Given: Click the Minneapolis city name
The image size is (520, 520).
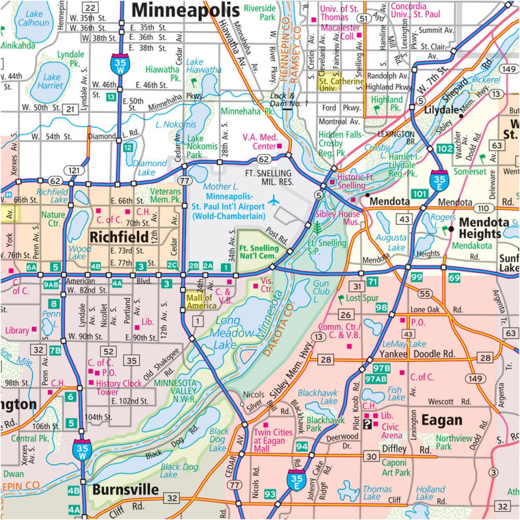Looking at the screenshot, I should point(185,9).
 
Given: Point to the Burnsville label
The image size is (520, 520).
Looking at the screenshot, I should point(125,489).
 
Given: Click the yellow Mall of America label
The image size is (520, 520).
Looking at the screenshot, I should point(201,302).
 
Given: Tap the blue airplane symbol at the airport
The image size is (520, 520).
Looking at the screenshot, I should point(274,200).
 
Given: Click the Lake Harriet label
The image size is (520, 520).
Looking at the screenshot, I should point(52,81).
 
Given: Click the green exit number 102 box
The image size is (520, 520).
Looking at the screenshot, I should point(445,149).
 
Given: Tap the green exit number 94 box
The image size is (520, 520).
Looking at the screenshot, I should point(302,446).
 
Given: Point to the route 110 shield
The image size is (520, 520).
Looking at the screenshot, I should point(485,207).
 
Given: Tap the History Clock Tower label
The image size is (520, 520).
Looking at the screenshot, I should point(119,387).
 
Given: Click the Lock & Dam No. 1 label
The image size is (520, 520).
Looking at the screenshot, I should point(289,99).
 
